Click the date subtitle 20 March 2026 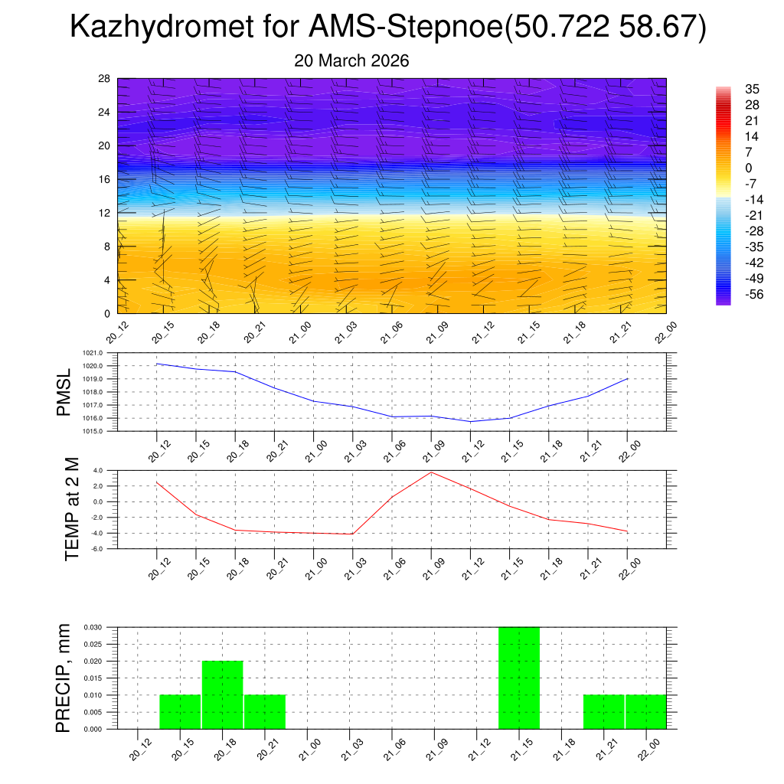(x=351, y=60)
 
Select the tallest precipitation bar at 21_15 (x=519, y=678)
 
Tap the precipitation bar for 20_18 (x=222, y=694)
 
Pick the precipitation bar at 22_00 (x=645, y=712)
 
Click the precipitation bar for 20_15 (x=180, y=712)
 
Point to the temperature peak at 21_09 (x=431, y=472)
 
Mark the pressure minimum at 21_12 (x=470, y=422)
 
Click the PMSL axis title (x=64, y=392)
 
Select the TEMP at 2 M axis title (x=72, y=508)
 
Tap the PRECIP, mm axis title (x=64, y=678)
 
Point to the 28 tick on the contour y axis (x=105, y=79)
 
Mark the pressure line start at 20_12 (x=157, y=364)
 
